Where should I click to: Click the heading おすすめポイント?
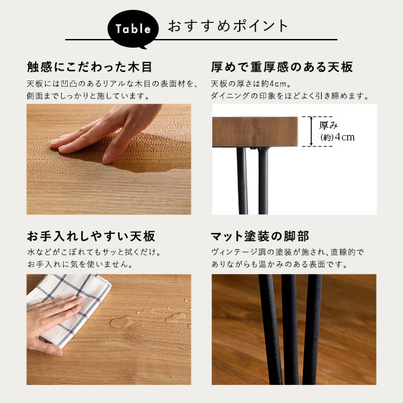coord(228,27)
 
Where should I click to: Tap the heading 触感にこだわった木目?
coord(89,67)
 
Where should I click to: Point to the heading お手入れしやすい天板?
coord(91,236)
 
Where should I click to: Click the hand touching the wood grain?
coord(94,134)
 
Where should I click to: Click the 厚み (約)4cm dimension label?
coord(337,131)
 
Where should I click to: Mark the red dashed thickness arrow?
coord(311,131)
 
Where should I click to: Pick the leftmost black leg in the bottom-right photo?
coord(268,322)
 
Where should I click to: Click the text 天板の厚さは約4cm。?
coord(249,83)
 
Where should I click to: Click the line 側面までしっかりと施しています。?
coord(87,96)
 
